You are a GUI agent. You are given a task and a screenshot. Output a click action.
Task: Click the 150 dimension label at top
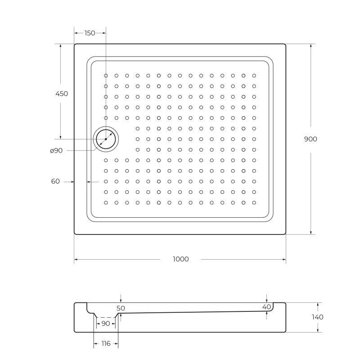pyautogui.click(x=90, y=33)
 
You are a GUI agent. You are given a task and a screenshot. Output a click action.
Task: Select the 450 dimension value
pyautogui.click(x=61, y=94)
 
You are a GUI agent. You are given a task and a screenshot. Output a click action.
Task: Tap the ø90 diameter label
pyautogui.click(x=56, y=150)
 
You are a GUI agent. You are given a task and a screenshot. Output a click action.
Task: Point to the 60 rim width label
pyautogui.click(x=55, y=181)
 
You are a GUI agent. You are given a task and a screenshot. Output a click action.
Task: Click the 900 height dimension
pyautogui.click(x=310, y=139)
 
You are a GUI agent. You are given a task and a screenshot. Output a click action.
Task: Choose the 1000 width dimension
pyautogui.click(x=180, y=259)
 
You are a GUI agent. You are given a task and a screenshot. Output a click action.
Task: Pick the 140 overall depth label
pyautogui.click(x=317, y=317)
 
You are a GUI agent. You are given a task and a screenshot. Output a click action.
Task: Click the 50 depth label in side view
pyautogui.click(x=121, y=308)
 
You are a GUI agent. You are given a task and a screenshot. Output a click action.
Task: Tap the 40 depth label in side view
pyautogui.click(x=266, y=307)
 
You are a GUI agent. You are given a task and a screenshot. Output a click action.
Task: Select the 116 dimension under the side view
pyautogui.click(x=106, y=344)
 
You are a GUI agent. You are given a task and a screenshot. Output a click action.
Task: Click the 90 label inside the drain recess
pyautogui.click(x=106, y=324)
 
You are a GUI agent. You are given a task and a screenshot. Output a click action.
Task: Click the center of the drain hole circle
pyautogui.click(x=106, y=139)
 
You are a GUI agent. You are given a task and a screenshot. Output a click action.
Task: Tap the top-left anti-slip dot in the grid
pyautogui.click(x=106, y=76)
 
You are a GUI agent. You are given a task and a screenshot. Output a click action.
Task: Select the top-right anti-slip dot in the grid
pyautogui.click(x=254, y=76)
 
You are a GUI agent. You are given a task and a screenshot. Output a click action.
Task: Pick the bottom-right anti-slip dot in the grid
pyautogui.click(x=254, y=202)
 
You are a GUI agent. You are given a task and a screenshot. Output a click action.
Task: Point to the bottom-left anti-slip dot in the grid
pyautogui.click(x=106, y=202)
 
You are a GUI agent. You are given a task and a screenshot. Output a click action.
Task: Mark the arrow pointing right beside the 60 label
pyautogui.click(x=72, y=182)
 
